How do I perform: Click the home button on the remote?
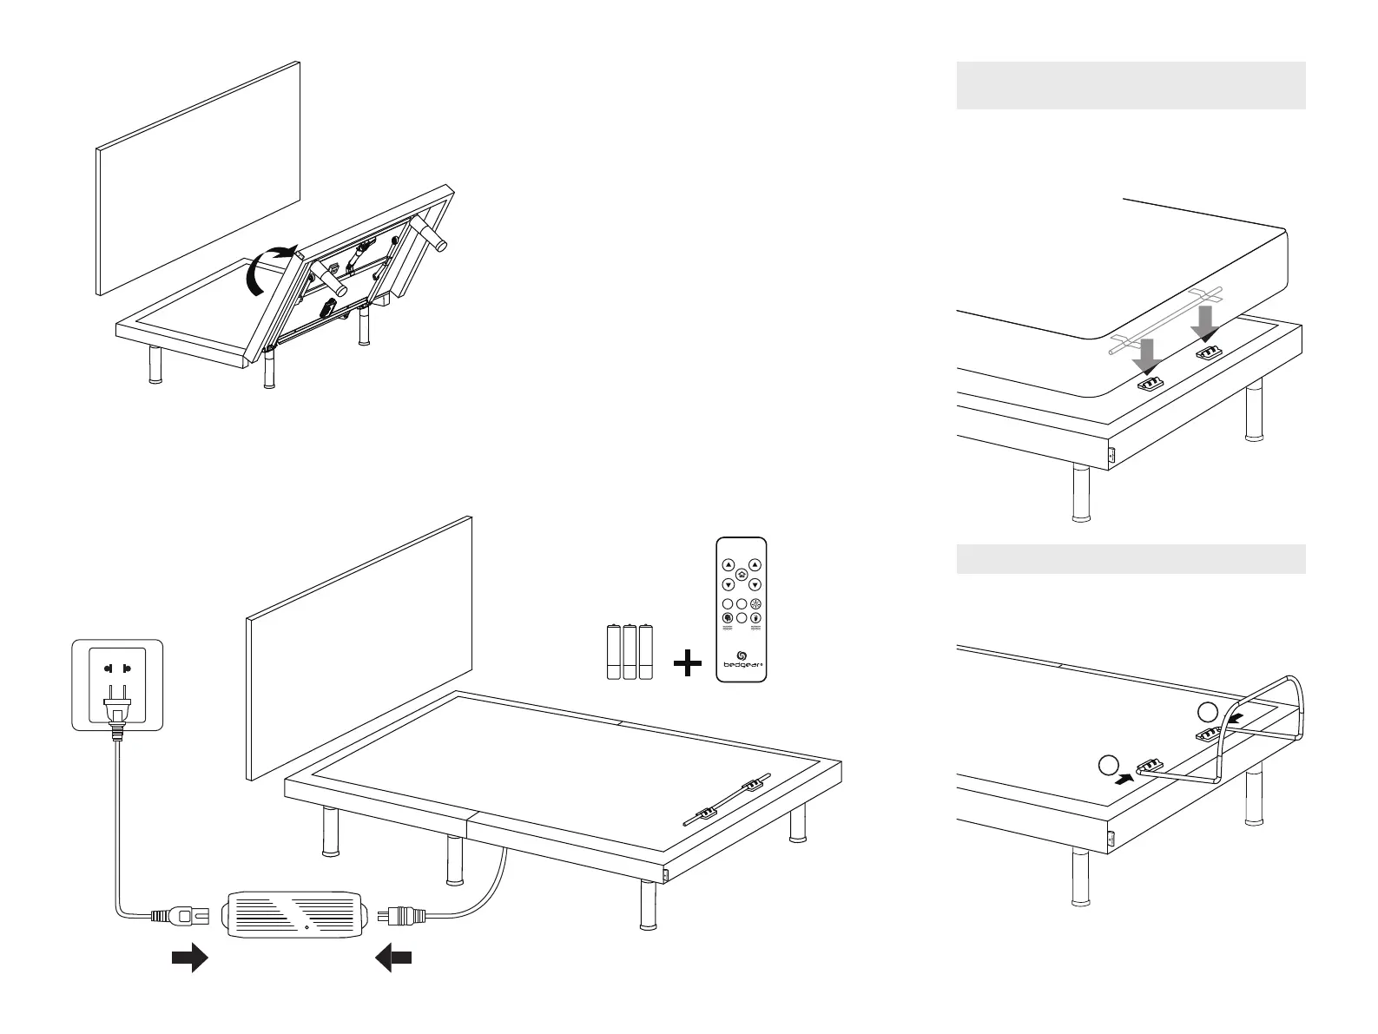click(x=742, y=575)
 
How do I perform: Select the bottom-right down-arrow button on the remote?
click(x=755, y=585)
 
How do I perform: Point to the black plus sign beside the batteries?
click(x=687, y=664)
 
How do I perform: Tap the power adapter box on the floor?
click(x=294, y=913)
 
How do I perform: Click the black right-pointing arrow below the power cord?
click(x=190, y=958)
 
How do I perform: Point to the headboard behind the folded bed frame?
click(x=198, y=178)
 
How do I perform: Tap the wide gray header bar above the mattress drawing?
click(x=1131, y=85)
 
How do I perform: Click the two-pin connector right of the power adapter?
click(x=400, y=914)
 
